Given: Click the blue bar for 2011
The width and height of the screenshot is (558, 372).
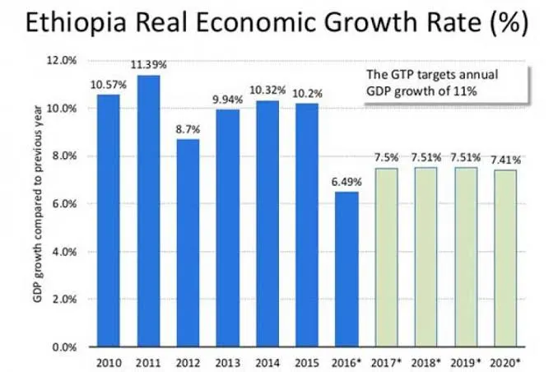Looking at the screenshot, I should tap(149, 211).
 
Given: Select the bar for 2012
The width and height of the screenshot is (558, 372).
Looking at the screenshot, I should tap(188, 243).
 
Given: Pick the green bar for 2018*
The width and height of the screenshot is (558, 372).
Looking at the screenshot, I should tap(425, 257).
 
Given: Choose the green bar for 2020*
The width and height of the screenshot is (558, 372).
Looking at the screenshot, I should tap(505, 258).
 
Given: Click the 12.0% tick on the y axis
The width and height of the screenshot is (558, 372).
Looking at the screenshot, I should tap(63, 60).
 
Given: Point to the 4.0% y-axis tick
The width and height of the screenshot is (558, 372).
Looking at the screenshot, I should tap(64, 251).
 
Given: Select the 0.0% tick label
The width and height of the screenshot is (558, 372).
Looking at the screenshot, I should tap(64, 346).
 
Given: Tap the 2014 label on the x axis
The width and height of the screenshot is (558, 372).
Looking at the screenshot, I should tap(267, 362).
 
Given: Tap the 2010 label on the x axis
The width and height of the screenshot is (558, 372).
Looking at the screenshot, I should tap(109, 362).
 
